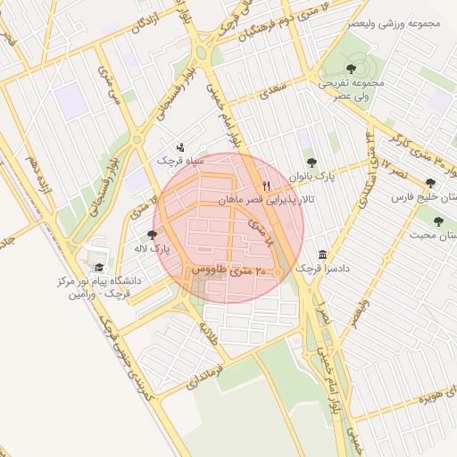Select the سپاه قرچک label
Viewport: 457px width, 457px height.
point(181,162)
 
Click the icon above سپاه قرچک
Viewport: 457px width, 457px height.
point(181,146)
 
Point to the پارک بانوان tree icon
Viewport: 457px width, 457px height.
point(311,162)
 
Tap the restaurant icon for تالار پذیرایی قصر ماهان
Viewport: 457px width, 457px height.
point(265,184)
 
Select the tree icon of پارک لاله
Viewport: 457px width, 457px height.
point(151,234)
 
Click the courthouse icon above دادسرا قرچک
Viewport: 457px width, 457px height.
point(321,254)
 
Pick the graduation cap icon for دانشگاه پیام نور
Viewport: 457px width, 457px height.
point(98,267)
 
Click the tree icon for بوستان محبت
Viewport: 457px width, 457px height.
point(437,220)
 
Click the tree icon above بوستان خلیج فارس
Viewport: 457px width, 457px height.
point(430,182)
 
